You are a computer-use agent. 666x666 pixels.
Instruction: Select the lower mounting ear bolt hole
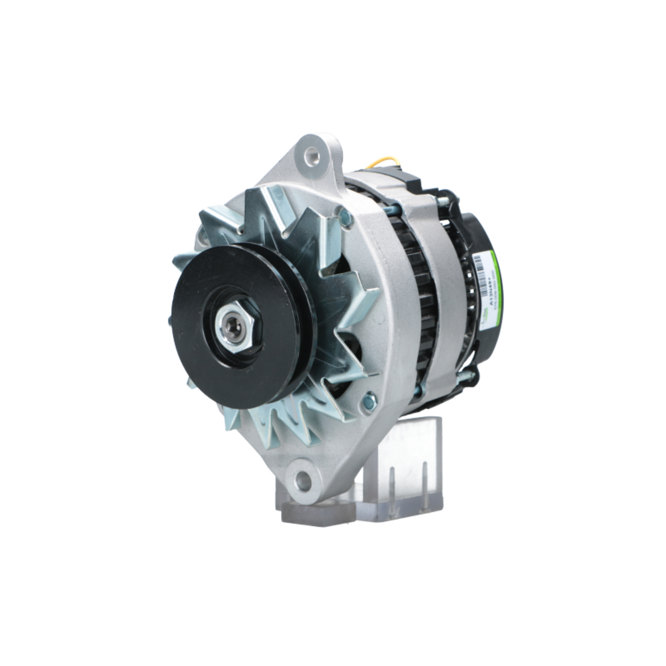[x=304, y=480]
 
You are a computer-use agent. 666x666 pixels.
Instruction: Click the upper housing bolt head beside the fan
[x=346, y=217]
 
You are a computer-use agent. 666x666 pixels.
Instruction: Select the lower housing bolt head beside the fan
[x=368, y=401]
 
